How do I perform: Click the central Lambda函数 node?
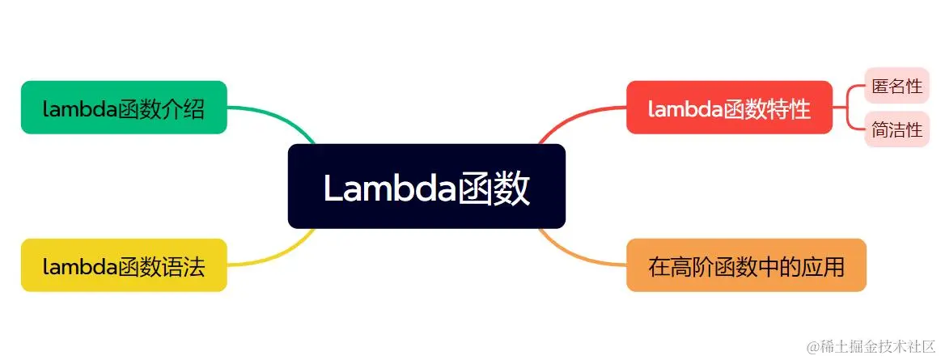(x=426, y=186)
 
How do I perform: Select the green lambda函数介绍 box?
(x=124, y=108)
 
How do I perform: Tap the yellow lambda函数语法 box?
(x=124, y=265)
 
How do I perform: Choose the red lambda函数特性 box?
(x=729, y=108)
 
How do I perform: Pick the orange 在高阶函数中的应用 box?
(x=746, y=265)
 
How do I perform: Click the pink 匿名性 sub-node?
(x=896, y=87)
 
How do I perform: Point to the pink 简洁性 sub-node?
(x=896, y=129)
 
